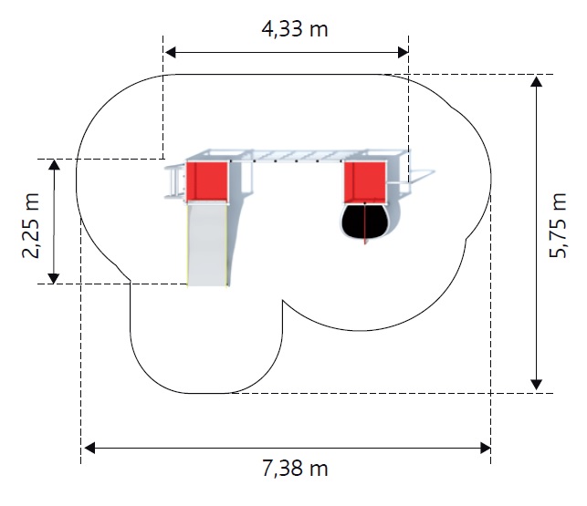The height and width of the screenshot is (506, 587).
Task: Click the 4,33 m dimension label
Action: tap(295, 29)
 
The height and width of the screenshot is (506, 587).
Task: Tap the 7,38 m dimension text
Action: tap(295, 469)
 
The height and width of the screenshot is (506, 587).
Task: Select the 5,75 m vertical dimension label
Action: tap(558, 225)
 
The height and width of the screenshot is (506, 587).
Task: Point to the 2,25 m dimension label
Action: tap(31, 225)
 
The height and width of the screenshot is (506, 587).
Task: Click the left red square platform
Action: tap(207, 181)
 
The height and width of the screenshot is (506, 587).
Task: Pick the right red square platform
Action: tap(365, 182)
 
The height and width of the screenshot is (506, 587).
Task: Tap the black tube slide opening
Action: tap(364, 221)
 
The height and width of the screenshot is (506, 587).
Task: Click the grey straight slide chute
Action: tap(206, 245)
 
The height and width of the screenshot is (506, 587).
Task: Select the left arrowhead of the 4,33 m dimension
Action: tap(171, 52)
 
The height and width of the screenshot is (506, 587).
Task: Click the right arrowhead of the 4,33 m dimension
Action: tap(404, 52)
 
